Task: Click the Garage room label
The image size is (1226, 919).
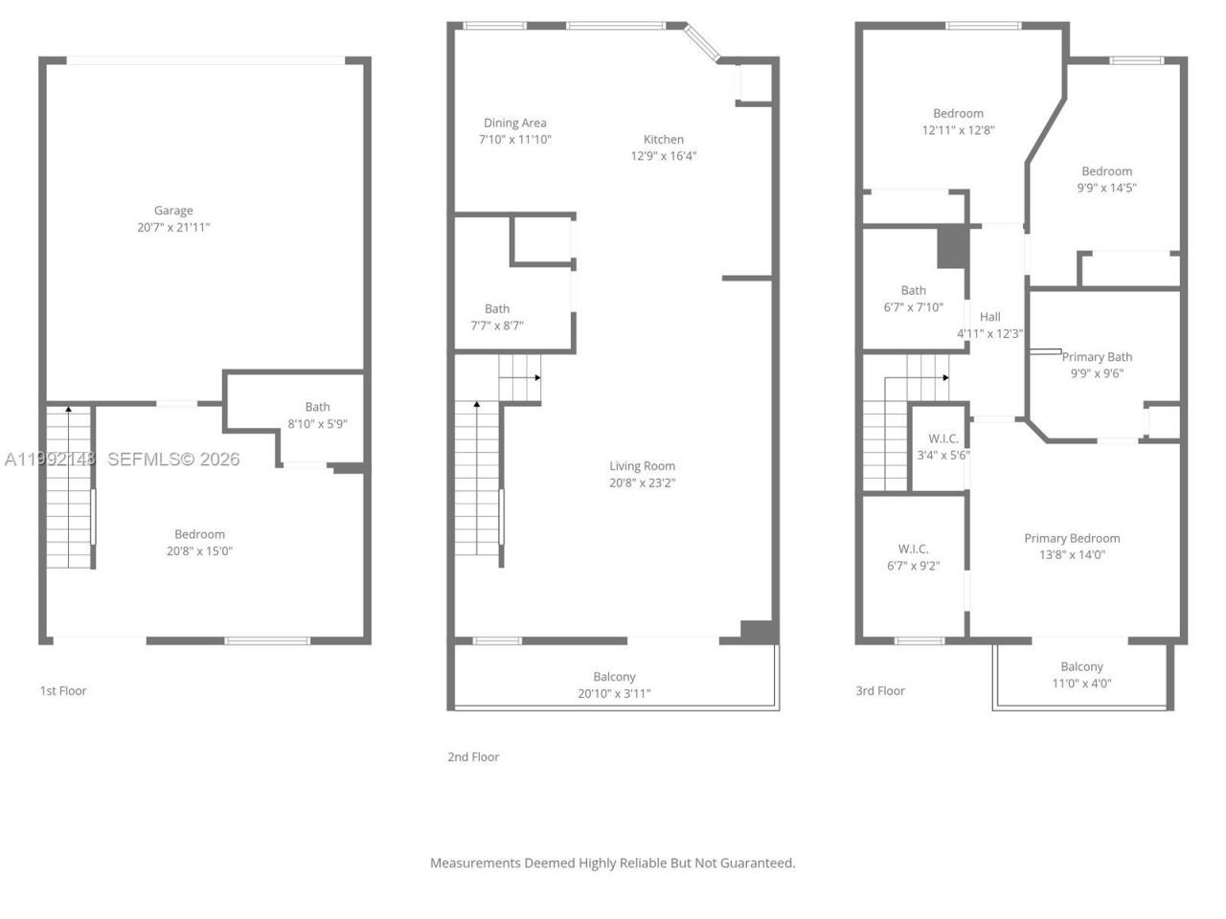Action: pyautogui.click(x=173, y=211)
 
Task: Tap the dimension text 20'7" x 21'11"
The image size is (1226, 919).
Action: pyautogui.click(x=173, y=228)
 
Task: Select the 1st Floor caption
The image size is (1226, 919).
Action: pyautogui.click(x=63, y=690)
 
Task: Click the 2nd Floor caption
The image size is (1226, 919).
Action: pyautogui.click(x=473, y=756)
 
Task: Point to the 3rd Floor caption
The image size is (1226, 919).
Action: pyautogui.click(x=880, y=690)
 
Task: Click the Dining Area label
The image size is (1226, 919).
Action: pyautogui.click(x=514, y=123)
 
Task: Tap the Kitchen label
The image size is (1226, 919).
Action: pyautogui.click(x=663, y=139)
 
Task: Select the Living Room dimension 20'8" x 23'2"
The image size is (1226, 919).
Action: pyautogui.click(x=642, y=483)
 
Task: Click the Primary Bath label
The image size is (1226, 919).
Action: pyautogui.click(x=1097, y=357)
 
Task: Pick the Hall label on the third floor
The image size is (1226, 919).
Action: pyautogui.click(x=990, y=317)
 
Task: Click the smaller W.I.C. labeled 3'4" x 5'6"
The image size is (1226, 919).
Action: pyautogui.click(x=943, y=438)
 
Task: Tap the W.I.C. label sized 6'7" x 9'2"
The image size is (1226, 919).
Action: pyautogui.click(x=913, y=549)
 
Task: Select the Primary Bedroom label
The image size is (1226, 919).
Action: pyautogui.click(x=1072, y=538)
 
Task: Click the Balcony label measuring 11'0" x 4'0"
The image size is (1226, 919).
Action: pyautogui.click(x=1081, y=666)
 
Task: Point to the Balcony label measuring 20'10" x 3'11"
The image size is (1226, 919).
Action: pyautogui.click(x=614, y=676)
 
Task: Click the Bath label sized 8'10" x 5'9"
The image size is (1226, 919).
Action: pyautogui.click(x=317, y=407)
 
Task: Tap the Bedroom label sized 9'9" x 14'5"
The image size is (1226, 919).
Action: pyautogui.click(x=1106, y=171)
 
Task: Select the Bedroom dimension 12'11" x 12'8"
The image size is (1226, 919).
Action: pyautogui.click(x=958, y=130)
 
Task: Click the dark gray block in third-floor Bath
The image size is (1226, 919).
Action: pyautogui.click(x=951, y=247)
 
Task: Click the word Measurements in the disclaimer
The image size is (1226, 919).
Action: pyautogui.click(x=474, y=863)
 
